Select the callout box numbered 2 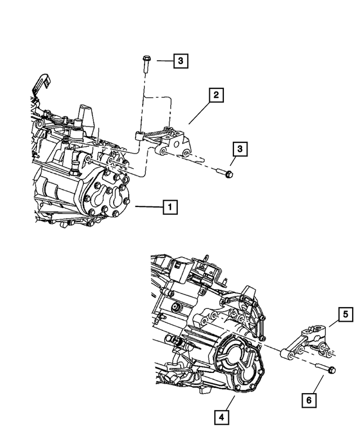(215, 95)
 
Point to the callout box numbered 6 (309, 400)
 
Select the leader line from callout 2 (199, 112)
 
